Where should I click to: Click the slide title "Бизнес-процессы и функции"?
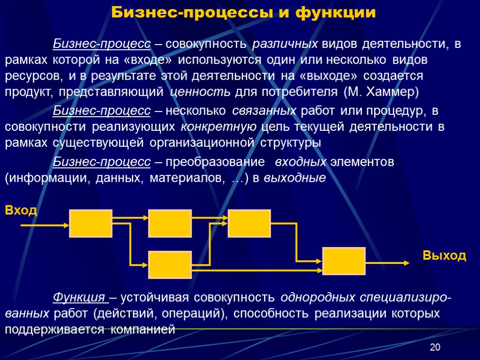[243, 13]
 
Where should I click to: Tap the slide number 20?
[435, 347]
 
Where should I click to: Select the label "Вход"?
[21, 210]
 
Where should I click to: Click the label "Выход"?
[444, 255]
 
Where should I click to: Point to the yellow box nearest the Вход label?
[91, 224]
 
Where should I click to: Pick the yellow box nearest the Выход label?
[344, 261]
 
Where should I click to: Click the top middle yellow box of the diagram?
[170, 224]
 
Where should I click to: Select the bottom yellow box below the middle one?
[170, 265]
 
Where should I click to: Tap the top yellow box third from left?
[249, 224]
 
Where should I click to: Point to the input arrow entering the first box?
[45, 225]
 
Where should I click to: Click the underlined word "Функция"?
[79, 298]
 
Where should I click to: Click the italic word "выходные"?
[295, 178]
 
